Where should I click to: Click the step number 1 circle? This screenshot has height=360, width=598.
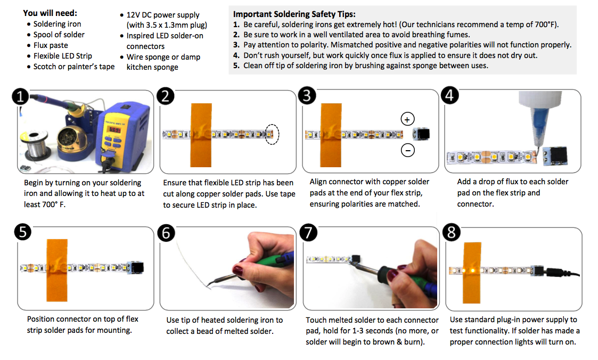point(21,97)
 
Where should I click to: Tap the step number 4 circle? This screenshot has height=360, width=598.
point(450,96)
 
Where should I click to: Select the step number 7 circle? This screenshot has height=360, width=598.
point(308,233)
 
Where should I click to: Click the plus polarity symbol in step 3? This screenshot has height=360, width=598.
point(407,119)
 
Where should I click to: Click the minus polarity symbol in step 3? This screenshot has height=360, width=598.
point(407,151)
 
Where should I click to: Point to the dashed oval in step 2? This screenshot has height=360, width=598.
point(272,134)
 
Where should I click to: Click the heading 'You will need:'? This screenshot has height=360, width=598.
point(50,13)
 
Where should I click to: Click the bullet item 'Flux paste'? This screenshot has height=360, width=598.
point(50,45)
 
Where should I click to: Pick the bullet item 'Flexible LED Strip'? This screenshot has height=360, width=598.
point(62,56)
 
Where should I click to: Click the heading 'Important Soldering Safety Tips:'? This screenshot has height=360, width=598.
point(294,14)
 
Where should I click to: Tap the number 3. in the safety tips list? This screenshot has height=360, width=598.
point(236,45)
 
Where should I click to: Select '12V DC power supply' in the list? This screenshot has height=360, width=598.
point(163,15)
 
